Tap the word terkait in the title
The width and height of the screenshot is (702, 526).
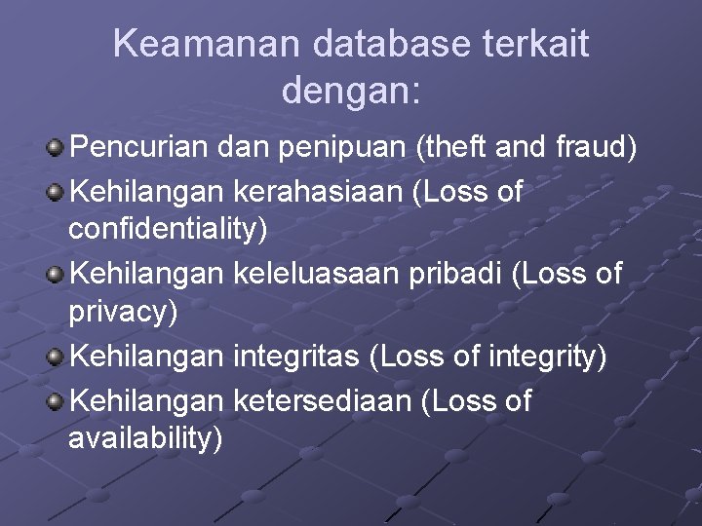(547, 44)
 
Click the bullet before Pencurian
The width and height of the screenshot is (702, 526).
(57, 149)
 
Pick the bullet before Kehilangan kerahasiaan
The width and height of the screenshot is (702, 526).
(57, 192)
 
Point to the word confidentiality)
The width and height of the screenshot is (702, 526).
(168, 232)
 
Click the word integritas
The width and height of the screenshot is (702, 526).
(296, 357)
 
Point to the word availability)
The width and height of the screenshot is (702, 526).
(145, 440)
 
